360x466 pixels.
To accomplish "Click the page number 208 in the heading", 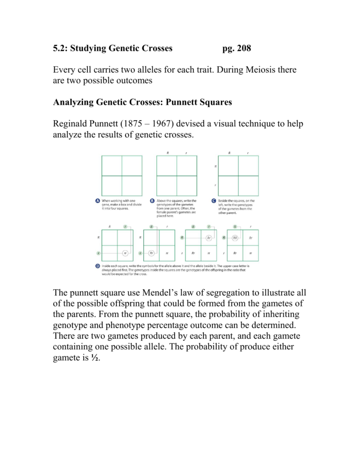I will pos(241,49).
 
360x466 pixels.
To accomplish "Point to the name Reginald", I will pos(71,124).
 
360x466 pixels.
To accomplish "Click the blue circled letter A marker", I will pos(98,201).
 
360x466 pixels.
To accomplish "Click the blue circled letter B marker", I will pos(152,201).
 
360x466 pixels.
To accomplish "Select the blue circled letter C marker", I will pos(214,201).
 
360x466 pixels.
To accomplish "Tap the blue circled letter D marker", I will pos(98,265).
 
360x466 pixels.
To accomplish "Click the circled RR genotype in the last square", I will pos(235,238).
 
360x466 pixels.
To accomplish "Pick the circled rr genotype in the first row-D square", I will pos(124,252).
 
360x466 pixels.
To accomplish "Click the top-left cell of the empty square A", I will pos(112,166).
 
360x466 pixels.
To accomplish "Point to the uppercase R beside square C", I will pos(215,166).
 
